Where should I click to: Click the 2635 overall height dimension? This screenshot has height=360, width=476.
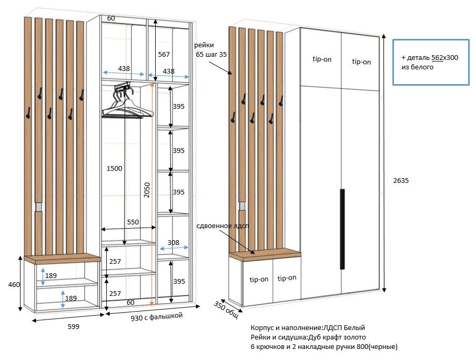(401, 180)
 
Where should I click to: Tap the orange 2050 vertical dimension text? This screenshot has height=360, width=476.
(147, 190)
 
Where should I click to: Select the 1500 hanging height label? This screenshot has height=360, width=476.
(115, 169)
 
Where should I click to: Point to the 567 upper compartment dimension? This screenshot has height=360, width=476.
(164, 54)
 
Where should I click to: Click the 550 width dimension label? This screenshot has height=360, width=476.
(133, 222)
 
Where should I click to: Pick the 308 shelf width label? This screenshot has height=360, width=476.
(174, 243)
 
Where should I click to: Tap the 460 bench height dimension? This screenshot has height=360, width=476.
(14, 284)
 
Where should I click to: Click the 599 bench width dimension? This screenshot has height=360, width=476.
(74, 327)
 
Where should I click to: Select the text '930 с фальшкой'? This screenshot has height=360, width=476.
(157, 316)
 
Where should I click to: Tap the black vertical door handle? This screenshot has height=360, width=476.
(342, 229)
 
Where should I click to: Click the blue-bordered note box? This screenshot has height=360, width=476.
(431, 62)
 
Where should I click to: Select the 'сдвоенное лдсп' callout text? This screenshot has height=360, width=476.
(222, 226)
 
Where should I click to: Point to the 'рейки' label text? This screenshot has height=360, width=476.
(204, 45)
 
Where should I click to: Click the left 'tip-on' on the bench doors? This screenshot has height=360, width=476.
(259, 279)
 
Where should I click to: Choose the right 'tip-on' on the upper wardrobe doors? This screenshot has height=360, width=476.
(361, 61)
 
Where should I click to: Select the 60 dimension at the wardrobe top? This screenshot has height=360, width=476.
(111, 18)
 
